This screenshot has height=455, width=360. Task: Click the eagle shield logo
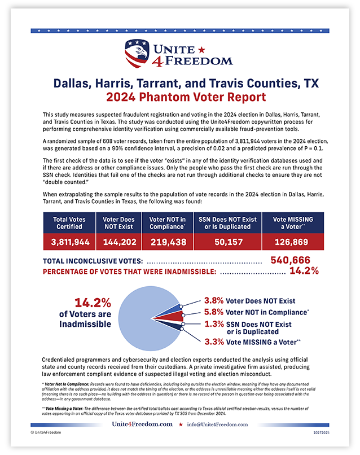coord(137,53)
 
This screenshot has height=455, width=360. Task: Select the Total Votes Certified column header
coord(67,222)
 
